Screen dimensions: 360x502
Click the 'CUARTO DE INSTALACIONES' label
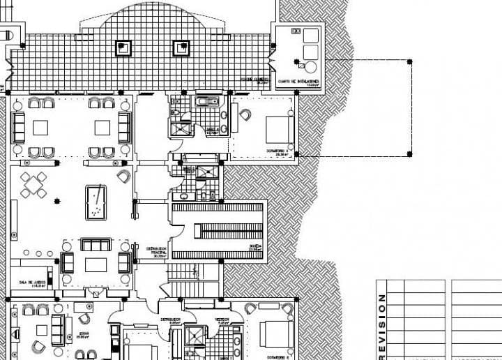[299, 82]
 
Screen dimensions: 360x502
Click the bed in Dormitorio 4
[278, 130]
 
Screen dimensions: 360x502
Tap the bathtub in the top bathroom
[205, 103]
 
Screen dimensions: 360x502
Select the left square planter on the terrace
[123, 47]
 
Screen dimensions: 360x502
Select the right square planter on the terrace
[180, 47]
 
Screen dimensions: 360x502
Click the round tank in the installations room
[309, 68]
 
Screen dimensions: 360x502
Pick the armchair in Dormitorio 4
[245, 114]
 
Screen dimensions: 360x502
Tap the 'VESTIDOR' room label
[225, 322]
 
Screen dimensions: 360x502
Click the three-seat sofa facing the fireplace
[96, 245]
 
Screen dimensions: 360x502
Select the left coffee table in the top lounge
[40, 128]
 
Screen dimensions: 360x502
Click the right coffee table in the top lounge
[102, 128]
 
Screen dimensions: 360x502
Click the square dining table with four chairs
[33, 185]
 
